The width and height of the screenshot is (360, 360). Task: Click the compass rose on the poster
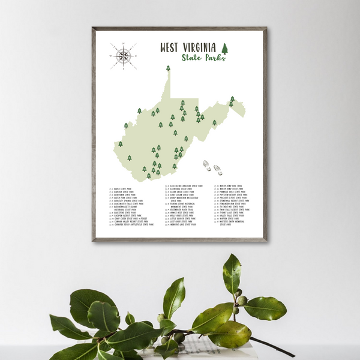point(123,56)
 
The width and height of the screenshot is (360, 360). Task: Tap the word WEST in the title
point(172,47)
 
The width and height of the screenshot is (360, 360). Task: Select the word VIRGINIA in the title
point(202,47)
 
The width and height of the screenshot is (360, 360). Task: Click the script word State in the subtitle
point(193,58)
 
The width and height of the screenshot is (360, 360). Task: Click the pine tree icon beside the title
point(225,47)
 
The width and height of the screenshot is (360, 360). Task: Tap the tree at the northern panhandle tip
point(168,68)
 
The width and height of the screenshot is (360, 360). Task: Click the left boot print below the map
point(207,165)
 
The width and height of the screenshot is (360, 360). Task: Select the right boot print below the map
point(217,170)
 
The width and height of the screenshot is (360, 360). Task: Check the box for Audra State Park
point(110,188)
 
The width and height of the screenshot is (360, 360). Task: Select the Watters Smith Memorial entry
point(236,221)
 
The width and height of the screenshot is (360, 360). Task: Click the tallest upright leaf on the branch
point(232,273)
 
